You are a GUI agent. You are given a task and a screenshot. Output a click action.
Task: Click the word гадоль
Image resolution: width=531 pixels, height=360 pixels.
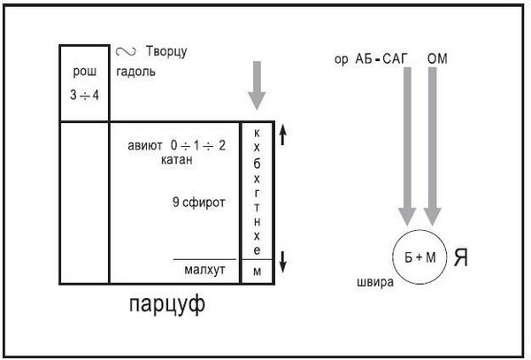click(135, 71)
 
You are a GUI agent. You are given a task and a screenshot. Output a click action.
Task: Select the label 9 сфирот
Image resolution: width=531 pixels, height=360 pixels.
click(199, 203)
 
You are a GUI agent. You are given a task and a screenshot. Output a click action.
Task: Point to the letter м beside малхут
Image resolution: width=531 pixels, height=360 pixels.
click(257, 271)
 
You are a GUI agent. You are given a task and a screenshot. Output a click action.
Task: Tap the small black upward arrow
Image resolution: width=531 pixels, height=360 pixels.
click(282, 134)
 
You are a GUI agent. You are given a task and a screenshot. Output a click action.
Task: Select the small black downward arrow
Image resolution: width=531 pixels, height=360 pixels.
click(282, 261)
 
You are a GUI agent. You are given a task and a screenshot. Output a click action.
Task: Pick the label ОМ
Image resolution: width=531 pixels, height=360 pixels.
click(437, 57)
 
